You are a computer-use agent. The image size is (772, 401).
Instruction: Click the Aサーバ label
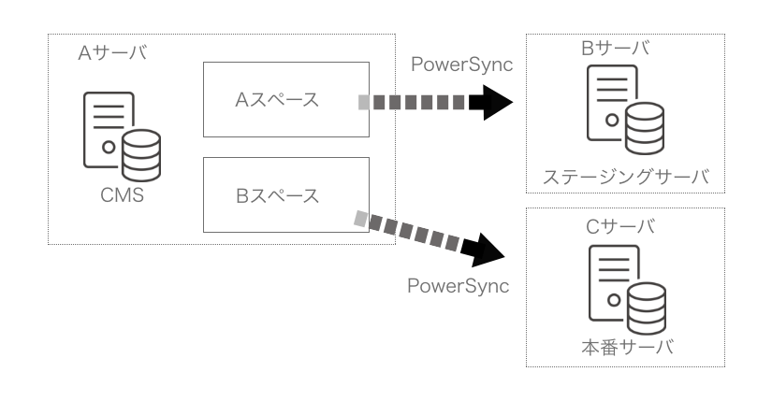[111, 52]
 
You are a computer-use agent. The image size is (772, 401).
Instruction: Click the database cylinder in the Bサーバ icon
[644, 128]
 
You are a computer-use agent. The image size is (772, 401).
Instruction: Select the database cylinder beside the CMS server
[141, 155]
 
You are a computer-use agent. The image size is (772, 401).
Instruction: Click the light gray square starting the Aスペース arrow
[363, 101]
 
